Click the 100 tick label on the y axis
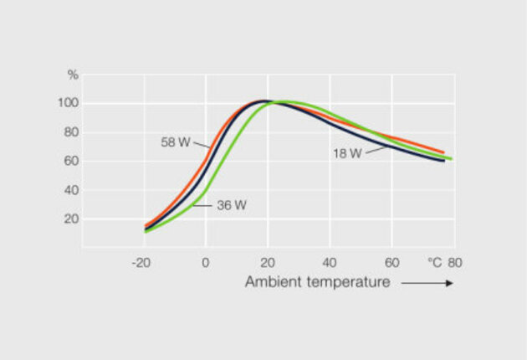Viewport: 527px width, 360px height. point(69,103)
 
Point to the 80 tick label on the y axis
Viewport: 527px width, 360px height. point(72,132)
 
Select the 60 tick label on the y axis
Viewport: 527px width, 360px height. point(72,161)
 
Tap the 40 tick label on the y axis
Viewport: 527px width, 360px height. point(72,190)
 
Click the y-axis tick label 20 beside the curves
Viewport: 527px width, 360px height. point(72,219)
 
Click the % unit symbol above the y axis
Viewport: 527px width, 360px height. point(73,75)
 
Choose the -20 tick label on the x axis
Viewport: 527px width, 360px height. point(141,262)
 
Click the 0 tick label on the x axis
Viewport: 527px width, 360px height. point(206,262)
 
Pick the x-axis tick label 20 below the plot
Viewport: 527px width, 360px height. point(268,262)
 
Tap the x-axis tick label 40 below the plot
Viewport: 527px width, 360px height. point(330,262)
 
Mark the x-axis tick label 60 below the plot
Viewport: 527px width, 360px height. point(391,262)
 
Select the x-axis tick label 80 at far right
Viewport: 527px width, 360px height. point(454,262)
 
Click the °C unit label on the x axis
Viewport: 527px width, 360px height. point(435,262)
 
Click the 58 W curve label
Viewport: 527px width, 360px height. point(174,142)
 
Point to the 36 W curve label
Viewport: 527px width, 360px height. point(231,204)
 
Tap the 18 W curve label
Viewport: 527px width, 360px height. point(347,153)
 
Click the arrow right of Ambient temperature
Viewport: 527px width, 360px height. point(427,283)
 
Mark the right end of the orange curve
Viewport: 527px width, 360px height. point(443,152)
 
